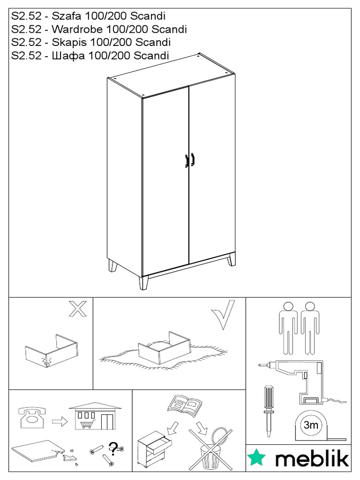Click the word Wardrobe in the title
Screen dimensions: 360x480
[77, 29]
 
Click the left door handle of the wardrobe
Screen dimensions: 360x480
[187, 161]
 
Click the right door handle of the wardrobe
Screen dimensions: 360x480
[193, 159]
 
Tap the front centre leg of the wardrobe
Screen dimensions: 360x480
[143, 283]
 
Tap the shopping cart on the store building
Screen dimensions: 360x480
[87, 425]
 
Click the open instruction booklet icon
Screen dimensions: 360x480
[185, 404]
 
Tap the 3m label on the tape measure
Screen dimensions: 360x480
[311, 425]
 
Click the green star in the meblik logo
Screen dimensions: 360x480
[257, 457]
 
